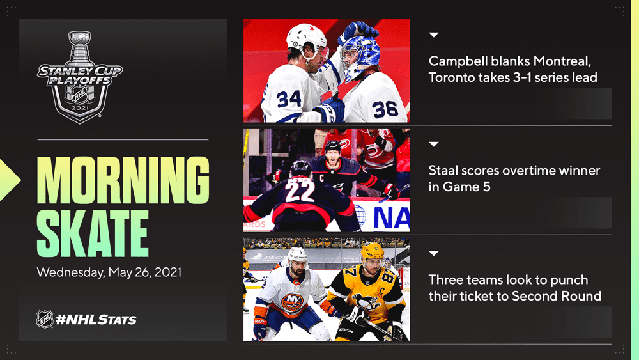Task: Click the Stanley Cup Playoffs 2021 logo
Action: tap(80, 77)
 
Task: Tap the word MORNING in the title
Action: tap(123, 180)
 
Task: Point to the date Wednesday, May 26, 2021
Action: tap(109, 272)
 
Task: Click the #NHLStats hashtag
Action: tap(96, 320)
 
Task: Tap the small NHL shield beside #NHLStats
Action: tap(45, 319)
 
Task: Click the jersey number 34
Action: tap(289, 98)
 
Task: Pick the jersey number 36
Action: tap(385, 109)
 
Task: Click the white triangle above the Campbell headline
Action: tap(434, 35)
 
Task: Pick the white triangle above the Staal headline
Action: tap(434, 144)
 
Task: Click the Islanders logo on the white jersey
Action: tap(292, 302)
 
